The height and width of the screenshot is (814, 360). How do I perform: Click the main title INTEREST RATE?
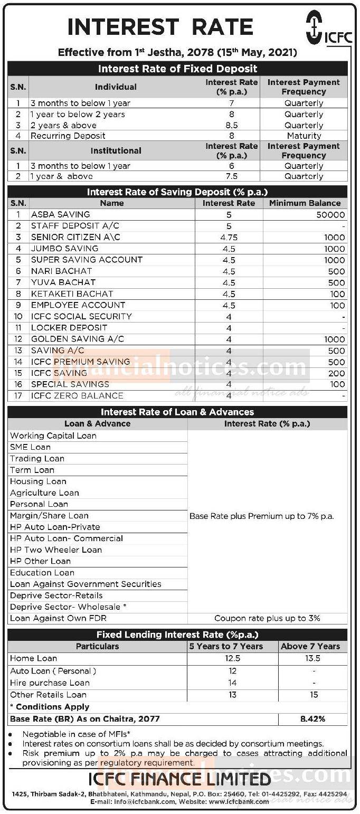160,27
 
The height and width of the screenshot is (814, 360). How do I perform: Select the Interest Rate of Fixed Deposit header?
178,69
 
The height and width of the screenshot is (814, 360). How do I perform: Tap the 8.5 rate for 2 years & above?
231,126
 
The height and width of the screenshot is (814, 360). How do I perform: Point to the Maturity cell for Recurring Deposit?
304,136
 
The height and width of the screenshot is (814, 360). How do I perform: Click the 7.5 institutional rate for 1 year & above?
231,176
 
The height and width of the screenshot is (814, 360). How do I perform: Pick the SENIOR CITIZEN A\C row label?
75,237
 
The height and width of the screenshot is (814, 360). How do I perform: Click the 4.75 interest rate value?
229,238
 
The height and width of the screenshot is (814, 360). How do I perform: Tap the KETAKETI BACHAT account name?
72,294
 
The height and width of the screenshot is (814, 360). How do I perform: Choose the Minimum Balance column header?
305,203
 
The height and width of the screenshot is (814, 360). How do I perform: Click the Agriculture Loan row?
44,493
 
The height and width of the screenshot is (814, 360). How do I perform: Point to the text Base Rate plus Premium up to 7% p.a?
261,516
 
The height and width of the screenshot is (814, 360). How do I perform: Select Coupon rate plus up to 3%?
267,618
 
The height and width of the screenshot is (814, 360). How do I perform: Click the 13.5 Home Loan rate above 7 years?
314,659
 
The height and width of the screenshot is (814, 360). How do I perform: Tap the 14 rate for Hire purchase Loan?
232,683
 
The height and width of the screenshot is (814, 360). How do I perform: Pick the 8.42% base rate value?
314,719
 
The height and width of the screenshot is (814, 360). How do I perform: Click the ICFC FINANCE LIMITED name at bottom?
179,779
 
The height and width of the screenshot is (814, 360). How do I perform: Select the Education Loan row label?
42,573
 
